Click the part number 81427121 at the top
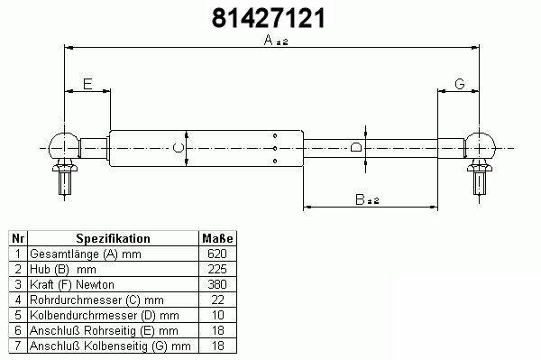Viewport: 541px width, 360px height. [x=269, y=18]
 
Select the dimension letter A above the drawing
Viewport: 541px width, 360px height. [x=269, y=40]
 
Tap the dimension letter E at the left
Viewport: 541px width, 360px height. [x=87, y=84]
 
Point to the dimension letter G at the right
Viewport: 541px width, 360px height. [x=460, y=84]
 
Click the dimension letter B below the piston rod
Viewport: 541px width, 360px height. [x=360, y=199]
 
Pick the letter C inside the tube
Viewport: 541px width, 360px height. [x=178, y=148]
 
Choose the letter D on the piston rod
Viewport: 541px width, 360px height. [x=356, y=147]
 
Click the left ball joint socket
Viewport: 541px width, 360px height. [x=64, y=146]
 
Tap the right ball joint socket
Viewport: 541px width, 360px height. [x=480, y=146]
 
